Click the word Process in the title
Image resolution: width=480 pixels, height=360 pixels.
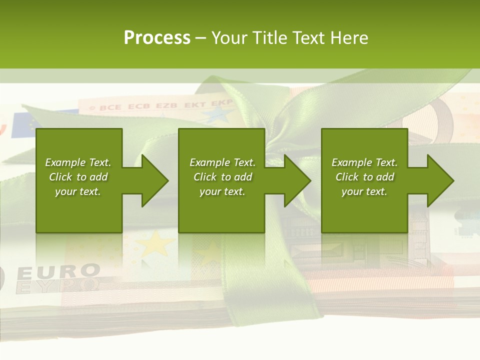pos(157,37)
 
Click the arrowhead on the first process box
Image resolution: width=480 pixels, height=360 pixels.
pos(152,180)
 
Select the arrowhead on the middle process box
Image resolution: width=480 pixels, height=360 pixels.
pos(295,180)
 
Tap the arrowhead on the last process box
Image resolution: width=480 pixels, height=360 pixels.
pos(438,180)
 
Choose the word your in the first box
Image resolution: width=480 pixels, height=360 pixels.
pos(65,191)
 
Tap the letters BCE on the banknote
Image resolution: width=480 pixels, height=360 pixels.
pos(110,107)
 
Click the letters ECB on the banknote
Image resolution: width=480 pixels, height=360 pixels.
pos(138,106)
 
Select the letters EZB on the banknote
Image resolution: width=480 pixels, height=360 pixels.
pos(166,105)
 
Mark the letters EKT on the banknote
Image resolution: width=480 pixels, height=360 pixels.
pos(195,104)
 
